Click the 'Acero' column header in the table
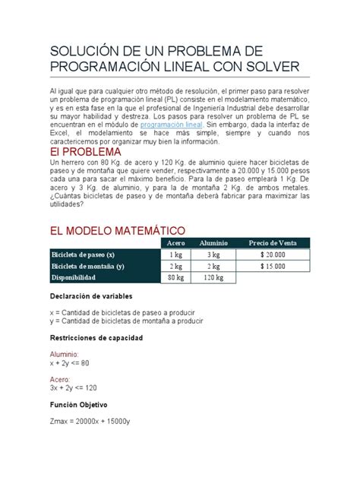click(175, 242)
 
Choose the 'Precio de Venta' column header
click(271, 242)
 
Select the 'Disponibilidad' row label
click(76, 279)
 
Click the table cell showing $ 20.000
click(271, 254)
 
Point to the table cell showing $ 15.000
click(271, 267)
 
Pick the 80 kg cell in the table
click(175, 279)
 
